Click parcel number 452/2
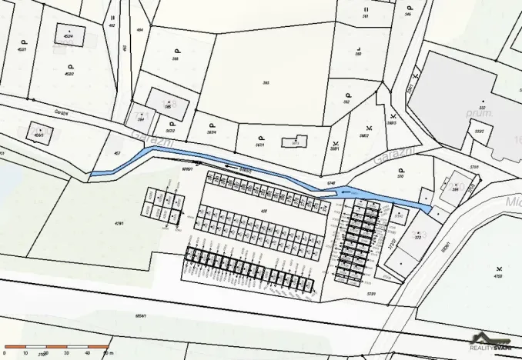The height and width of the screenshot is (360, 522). [x=69, y=74]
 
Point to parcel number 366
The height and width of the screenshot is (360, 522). [x=176, y=58]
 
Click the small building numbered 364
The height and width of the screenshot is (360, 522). [x=141, y=120]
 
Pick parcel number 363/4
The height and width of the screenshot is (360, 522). [x=211, y=132]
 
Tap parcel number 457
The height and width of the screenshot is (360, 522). [x=117, y=154]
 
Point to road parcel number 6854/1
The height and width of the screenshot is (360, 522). [x=140, y=315]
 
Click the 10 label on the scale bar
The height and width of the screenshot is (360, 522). [x=25, y=353]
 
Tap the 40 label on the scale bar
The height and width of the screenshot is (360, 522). [x=87, y=353]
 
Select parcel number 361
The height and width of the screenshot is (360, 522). [x=365, y=15]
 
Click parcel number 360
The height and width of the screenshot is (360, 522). [x=358, y=55]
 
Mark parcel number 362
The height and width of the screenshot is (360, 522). [x=346, y=102]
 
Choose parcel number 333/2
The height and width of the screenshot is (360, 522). [x=478, y=132]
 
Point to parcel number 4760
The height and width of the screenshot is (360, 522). [x=497, y=275]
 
